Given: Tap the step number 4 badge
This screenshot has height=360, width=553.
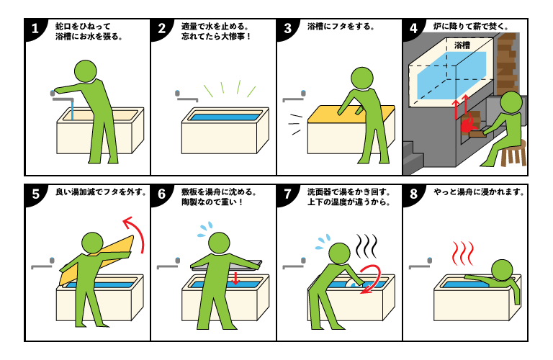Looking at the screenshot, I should (x=413, y=30).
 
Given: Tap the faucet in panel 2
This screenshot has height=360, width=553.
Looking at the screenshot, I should (x=186, y=94).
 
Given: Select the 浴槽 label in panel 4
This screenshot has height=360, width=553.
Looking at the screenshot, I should (x=462, y=45).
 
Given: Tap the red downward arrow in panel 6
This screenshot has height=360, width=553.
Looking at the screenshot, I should (x=235, y=277).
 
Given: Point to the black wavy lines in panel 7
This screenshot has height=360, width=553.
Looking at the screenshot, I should (x=367, y=246).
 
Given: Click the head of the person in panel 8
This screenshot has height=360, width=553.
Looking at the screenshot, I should (x=501, y=270).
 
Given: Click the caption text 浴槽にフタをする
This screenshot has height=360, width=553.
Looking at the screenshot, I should (x=341, y=27).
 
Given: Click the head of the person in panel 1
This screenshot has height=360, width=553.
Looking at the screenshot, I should (x=86, y=71).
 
